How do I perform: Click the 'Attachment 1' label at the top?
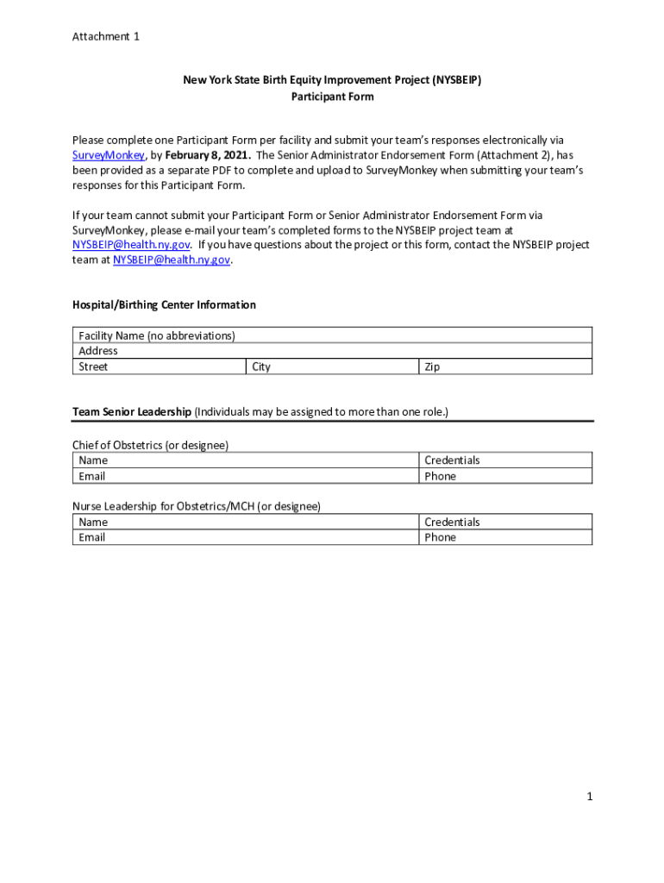[105, 36]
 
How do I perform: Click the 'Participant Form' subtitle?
[332, 97]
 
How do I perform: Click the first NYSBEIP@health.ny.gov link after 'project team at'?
[131, 245]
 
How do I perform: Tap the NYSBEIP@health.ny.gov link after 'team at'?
[172, 260]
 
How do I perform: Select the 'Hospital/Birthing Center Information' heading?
[164, 305]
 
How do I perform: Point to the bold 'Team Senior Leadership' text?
[132, 412]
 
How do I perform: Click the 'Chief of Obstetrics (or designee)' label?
[150, 445]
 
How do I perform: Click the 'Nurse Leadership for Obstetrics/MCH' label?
[196, 506]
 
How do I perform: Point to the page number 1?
[590, 797]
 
